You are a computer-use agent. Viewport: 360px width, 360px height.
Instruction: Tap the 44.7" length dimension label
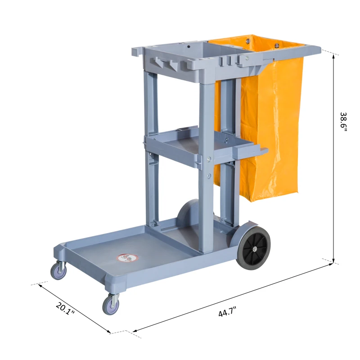pos(227,312)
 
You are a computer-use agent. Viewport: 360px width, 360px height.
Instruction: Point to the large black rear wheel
pos(253,247)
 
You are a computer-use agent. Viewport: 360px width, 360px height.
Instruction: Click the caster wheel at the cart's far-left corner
pos(58,270)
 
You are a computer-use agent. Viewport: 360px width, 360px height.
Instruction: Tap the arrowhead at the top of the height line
pos(333,57)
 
